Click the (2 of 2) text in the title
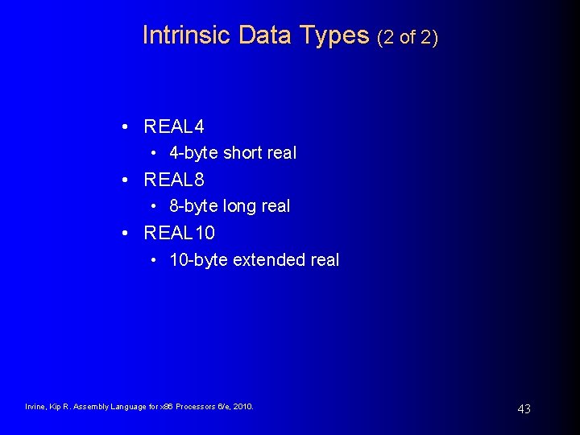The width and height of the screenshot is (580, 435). (408, 36)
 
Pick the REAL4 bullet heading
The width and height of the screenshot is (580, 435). (173, 126)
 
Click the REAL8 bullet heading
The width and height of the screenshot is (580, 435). (173, 180)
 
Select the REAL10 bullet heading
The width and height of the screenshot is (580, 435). (179, 233)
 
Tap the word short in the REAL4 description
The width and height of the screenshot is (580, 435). (242, 153)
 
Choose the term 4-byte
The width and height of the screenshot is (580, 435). (193, 153)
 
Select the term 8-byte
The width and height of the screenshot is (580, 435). (193, 206)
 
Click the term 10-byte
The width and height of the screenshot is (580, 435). (198, 260)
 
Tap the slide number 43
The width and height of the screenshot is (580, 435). (524, 409)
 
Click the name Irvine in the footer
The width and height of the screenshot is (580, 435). (37, 407)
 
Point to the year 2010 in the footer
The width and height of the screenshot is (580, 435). (242, 407)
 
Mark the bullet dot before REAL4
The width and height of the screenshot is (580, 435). (126, 127)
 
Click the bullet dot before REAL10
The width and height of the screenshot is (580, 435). (126, 234)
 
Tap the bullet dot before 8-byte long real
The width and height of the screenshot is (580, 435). (154, 207)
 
